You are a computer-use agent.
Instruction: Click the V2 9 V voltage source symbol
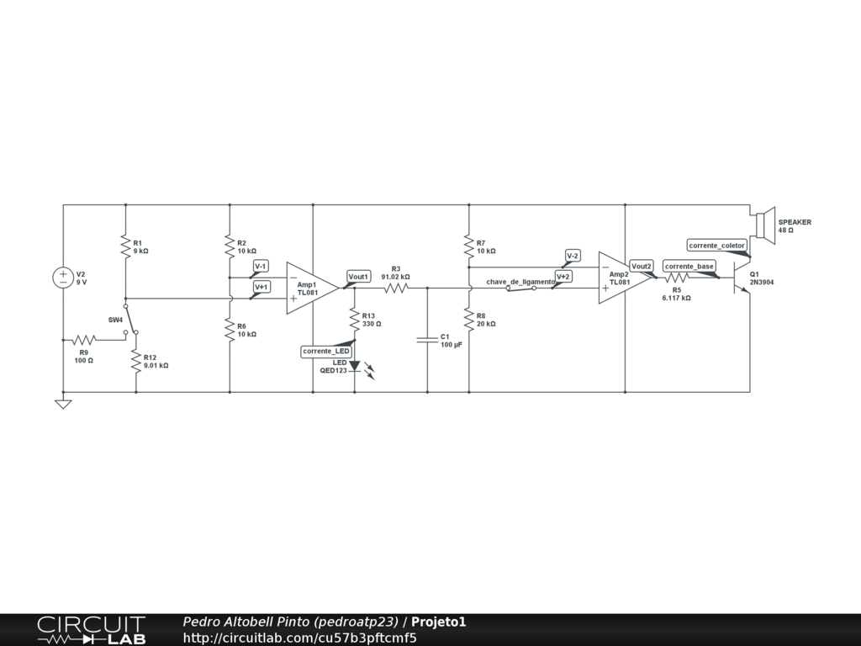tap(63, 278)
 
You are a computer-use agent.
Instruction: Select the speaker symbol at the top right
tap(764, 225)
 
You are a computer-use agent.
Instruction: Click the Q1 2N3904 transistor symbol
tap(739, 278)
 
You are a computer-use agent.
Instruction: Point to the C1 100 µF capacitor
tap(427, 340)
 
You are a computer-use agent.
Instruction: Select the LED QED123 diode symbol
tap(355, 366)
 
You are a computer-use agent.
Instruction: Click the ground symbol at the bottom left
tap(63, 404)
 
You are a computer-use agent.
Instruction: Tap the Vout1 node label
tap(359, 277)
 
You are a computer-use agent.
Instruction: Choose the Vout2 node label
tap(642, 266)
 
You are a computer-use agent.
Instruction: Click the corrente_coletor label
tap(716, 246)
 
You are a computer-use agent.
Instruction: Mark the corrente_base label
tap(689, 266)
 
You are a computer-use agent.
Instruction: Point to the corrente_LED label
tap(326, 351)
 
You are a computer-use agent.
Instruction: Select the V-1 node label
tap(261, 266)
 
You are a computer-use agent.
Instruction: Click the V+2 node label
tap(563, 276)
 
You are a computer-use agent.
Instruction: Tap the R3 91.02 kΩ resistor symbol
tap(396, 288)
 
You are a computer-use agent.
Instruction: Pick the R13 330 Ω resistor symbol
tap(355, 318)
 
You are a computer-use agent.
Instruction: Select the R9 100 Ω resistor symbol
tap(83, 340)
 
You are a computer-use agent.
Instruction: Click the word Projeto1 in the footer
tap(438, 622)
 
